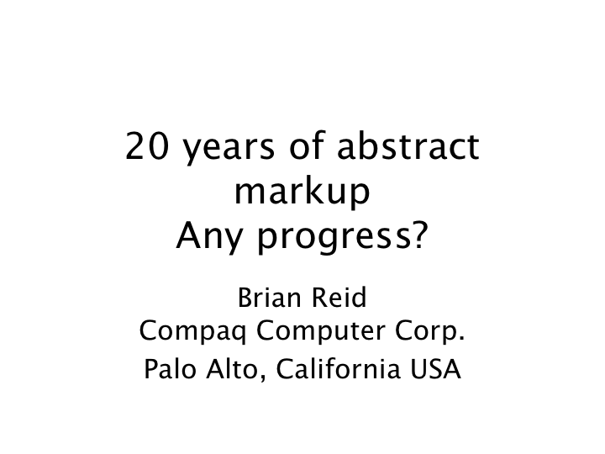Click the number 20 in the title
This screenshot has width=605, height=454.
pos(147,145)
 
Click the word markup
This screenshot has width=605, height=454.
pos(302,192)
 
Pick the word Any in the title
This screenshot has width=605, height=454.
pos(208,237)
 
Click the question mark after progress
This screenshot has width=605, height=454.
pos(420,235)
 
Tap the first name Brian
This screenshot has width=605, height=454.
pos(270,298)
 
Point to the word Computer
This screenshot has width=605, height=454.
pos(321,332)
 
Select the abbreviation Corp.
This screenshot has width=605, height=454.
pos(430,332)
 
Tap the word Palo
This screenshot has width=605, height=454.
pos(170,369)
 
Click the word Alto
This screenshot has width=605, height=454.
pos(232,369)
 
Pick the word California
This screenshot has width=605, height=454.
pos(338,369)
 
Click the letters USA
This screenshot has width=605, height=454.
pos(435,369)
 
